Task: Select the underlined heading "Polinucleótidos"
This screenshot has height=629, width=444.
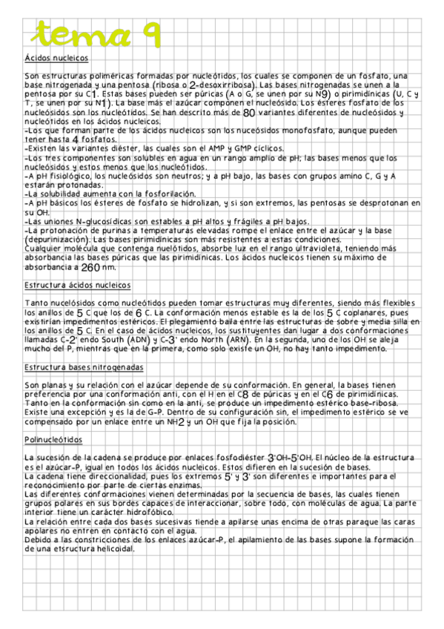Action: [x=50, y=440]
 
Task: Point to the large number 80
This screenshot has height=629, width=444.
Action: [x=249, y=113]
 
